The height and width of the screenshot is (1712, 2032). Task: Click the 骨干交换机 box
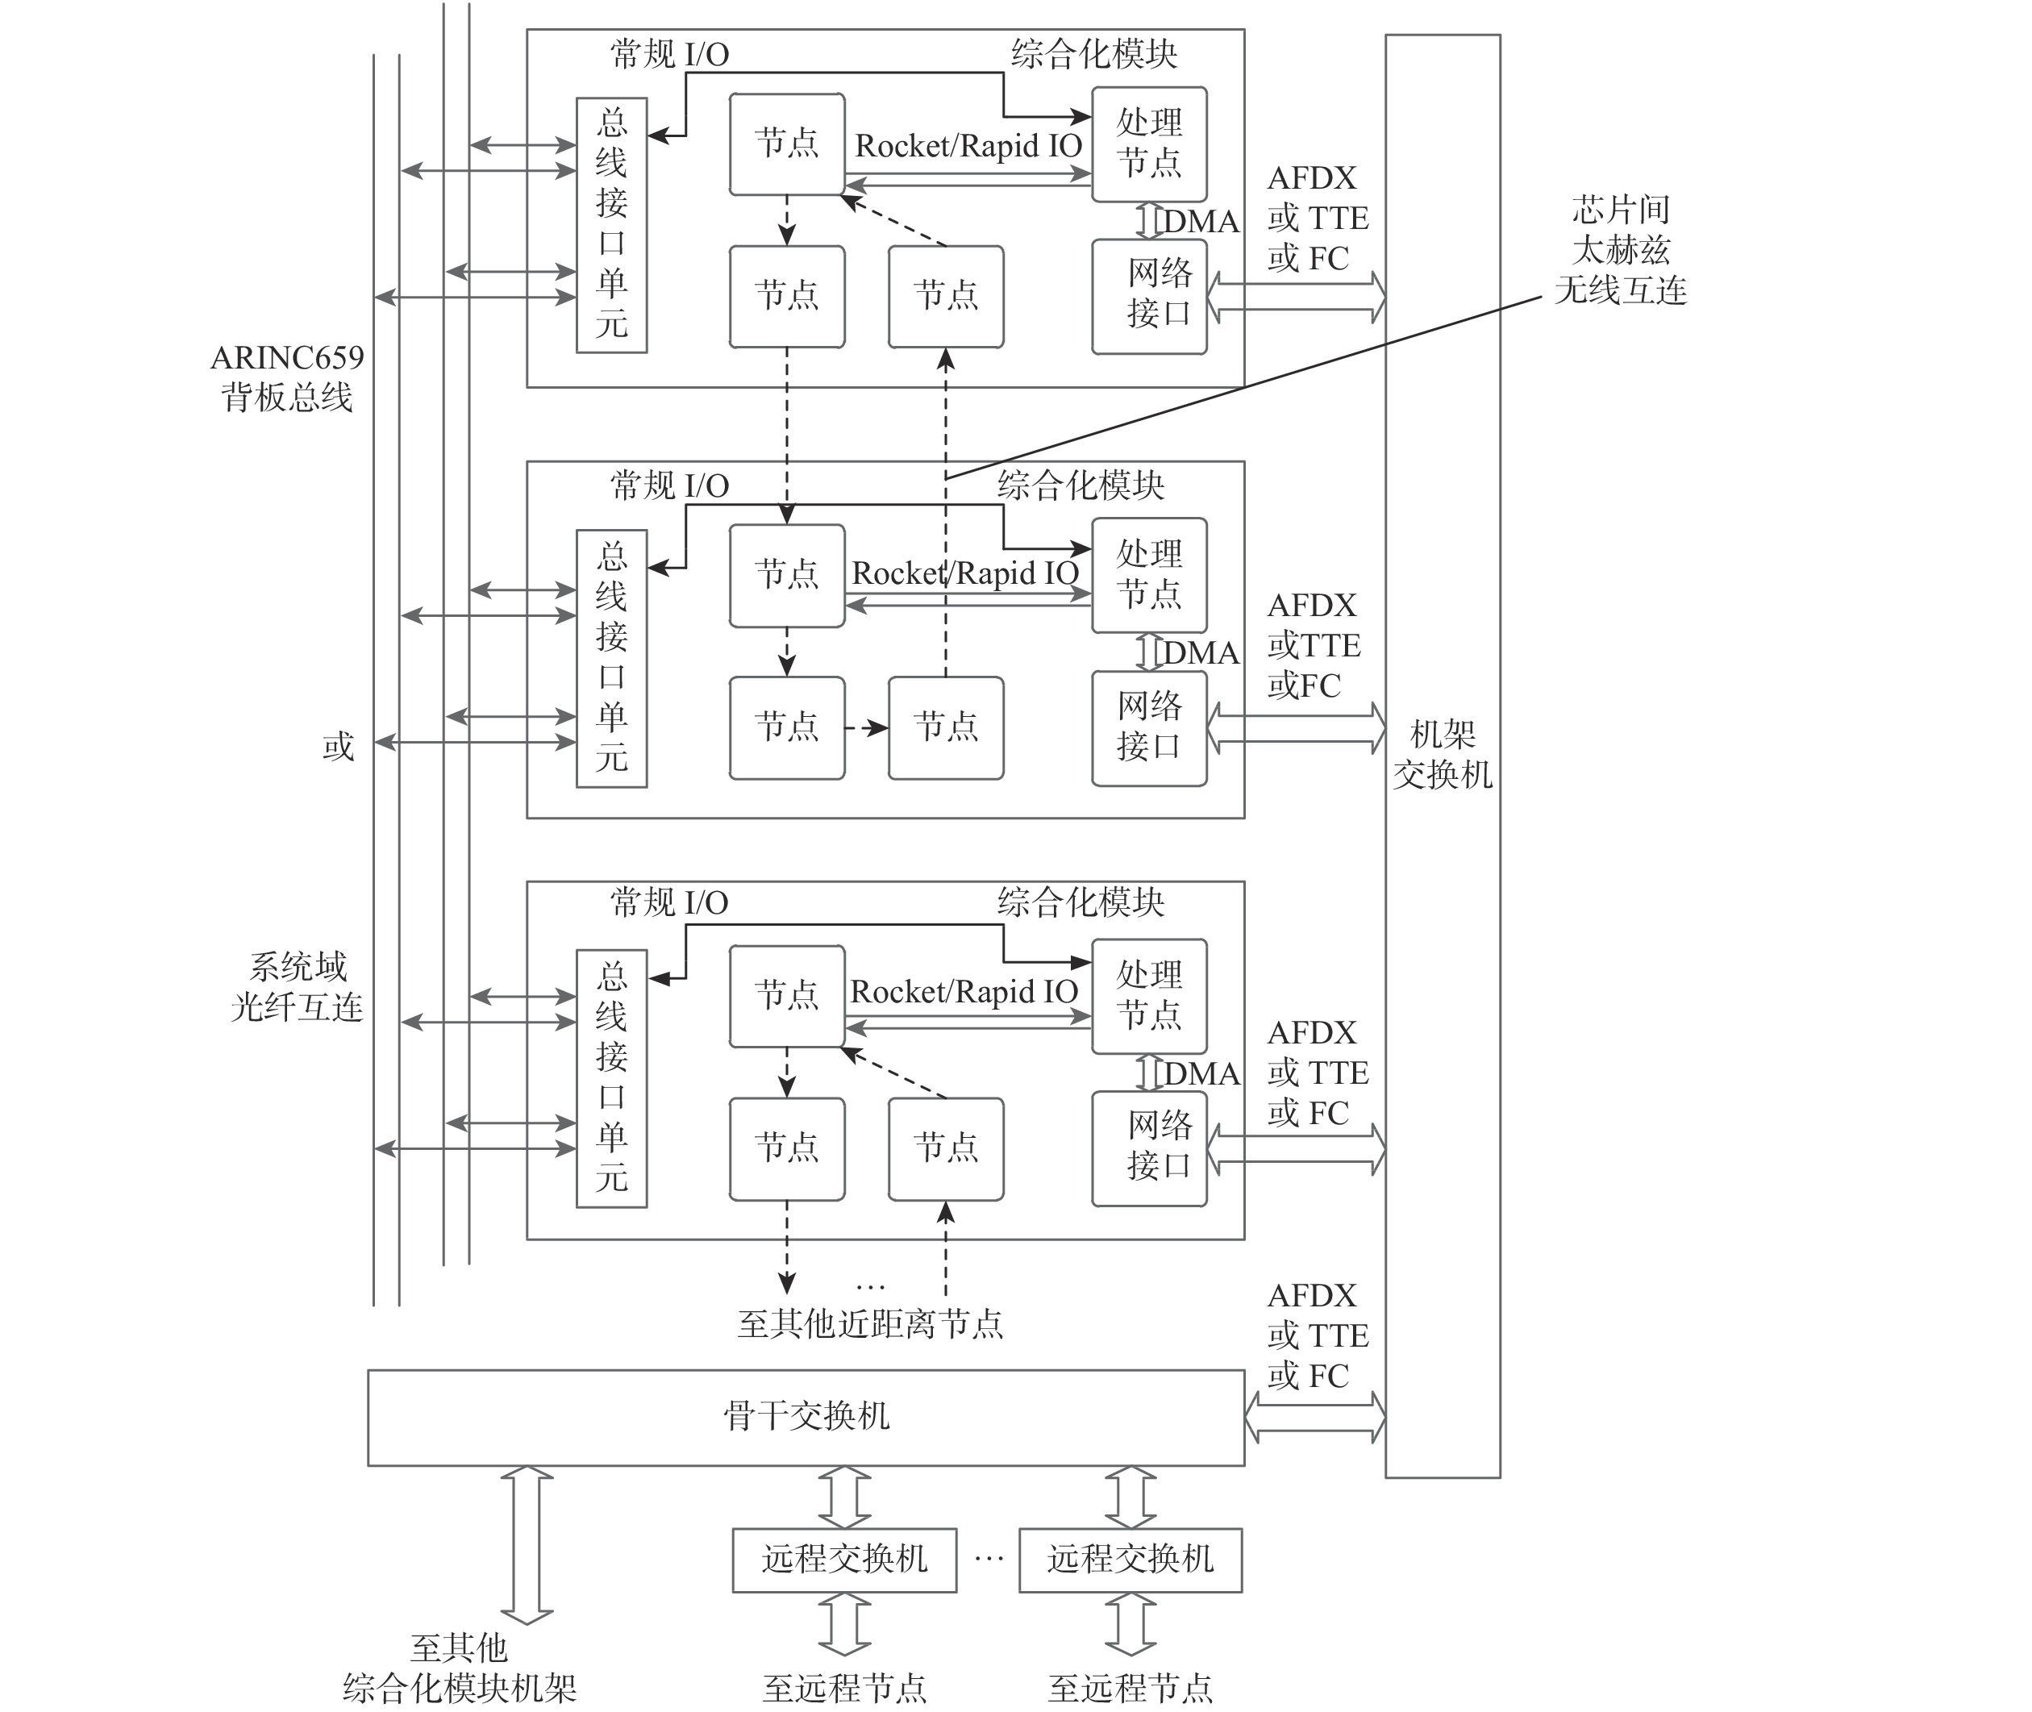[x=806, y=1417]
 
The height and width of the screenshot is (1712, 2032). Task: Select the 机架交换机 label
[x=1442, y=754]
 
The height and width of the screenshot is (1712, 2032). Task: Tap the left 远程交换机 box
[x=844, y=1560]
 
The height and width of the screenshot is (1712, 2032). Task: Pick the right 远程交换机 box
[x=1131, y=1560]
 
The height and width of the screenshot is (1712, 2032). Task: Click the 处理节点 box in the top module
[x=1149, y=144]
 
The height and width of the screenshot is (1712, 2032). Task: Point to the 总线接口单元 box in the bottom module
[x=611, y=1077]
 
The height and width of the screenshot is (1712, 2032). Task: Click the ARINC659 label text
[x=287, y=358]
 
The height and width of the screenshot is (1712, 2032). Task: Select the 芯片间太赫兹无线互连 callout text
[x=1621, y=249]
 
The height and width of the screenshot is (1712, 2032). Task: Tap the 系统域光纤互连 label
[x=297, y=987]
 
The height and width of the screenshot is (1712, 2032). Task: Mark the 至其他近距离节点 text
[x=869, y=1324]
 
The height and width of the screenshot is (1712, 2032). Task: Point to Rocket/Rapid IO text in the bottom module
[x=964, y=992]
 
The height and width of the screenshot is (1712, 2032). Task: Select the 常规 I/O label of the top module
[x=669, y=54]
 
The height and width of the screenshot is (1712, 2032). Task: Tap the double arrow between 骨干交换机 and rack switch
[x=1315, y=1417]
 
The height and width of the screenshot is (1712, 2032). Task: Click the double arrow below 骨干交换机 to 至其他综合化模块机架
[x=527, y=1543]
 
